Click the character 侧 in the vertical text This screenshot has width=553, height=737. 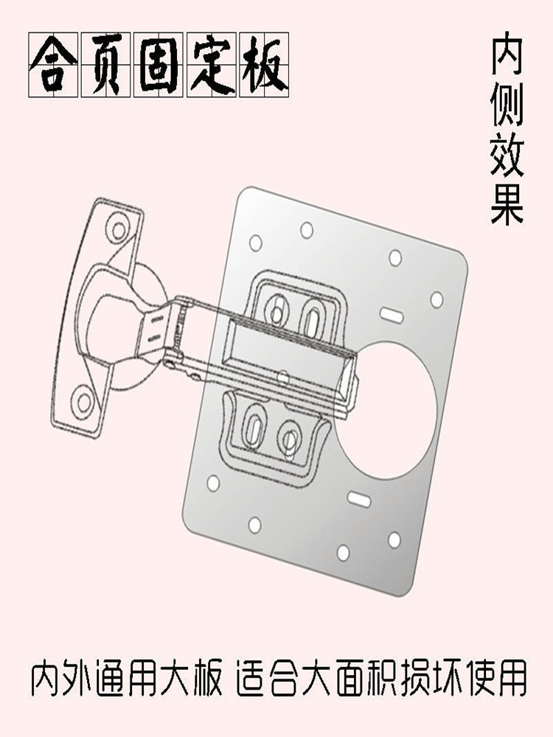pyautogui.click(x=507, y=108)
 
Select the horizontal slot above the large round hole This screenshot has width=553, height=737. pyautogui.click(x=392, y=315)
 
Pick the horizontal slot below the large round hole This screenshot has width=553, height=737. pyautogui.click(x=359, y=499)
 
